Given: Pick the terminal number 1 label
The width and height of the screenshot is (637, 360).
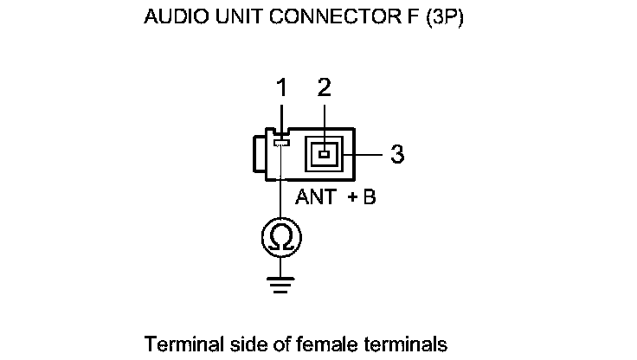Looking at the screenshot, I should (x=280, y=87).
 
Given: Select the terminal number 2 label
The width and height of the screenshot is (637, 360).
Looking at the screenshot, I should (x=324, y=87).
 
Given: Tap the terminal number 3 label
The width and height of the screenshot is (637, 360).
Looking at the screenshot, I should (x=397, y=155).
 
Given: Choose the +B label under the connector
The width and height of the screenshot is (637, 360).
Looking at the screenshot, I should (x=362, y=197).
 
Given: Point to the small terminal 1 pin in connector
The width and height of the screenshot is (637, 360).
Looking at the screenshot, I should (x=280, y=143).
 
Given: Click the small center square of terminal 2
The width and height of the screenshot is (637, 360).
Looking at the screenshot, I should (x=325, y=155).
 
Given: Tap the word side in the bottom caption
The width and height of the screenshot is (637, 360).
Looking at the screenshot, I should (x=235, y=344).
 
